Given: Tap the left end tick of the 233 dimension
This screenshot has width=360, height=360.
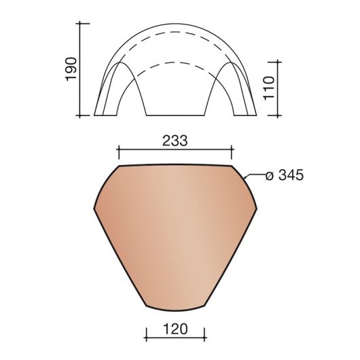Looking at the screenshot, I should pos(118,151).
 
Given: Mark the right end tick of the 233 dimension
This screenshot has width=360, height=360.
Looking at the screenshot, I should pos(232,151).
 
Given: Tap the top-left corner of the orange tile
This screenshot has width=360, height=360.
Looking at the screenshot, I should pos(120,165).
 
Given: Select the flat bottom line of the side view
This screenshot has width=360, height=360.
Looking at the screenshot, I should pos(176,115).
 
